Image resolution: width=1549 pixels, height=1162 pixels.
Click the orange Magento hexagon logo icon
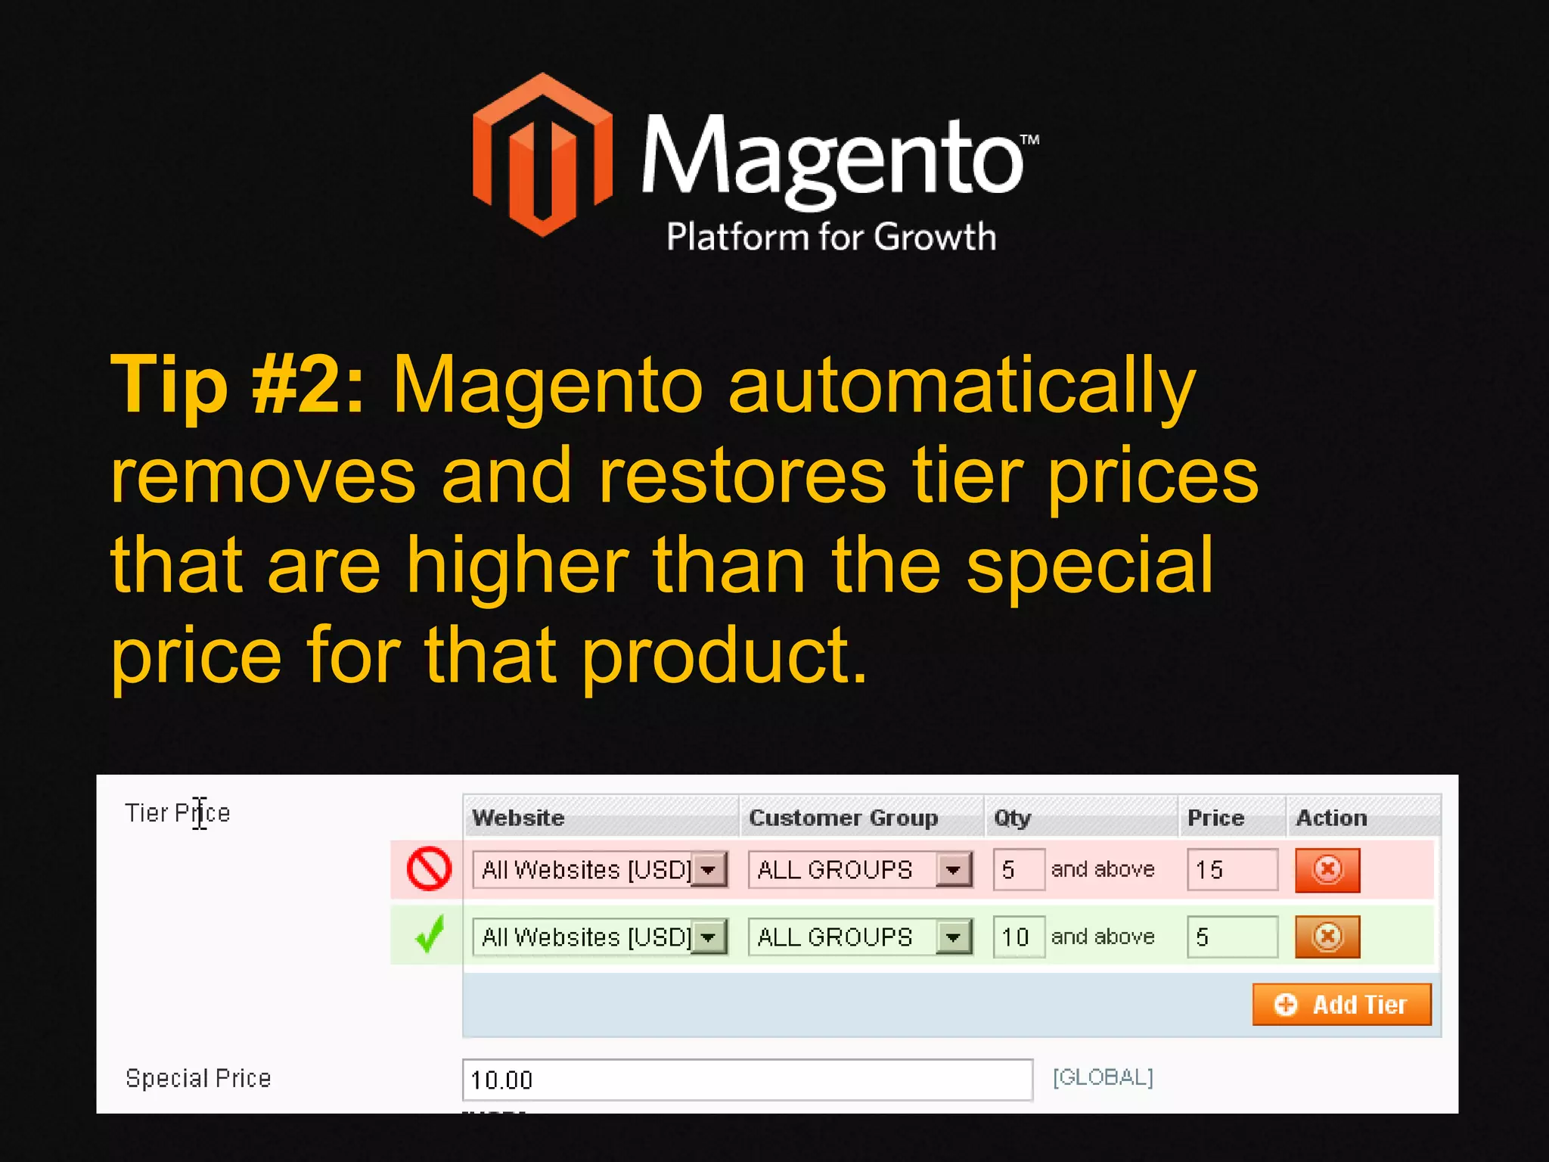coord(542,155)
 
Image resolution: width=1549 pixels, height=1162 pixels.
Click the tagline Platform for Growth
coord(830,237)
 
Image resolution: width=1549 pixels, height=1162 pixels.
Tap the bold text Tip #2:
coord(237,386)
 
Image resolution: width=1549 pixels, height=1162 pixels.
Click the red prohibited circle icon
coord(429,868)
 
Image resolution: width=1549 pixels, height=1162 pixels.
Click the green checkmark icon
coord(430,935)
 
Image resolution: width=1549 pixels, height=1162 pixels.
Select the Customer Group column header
coord(843,818)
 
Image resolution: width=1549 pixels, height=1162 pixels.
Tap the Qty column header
coord(1012,818)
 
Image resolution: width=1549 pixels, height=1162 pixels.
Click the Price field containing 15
coord(1231,870)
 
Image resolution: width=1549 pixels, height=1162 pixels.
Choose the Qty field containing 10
coord(1018,937)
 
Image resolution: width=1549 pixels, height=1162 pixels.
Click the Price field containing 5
coord(1231,937)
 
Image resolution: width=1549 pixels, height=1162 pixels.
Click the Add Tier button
coord(1341,1005)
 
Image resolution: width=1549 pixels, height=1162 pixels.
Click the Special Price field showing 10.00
coord(747,1080)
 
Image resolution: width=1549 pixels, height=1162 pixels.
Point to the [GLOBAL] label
coord(1103,1077)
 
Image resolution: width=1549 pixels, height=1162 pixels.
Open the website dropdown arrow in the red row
coord(709,870)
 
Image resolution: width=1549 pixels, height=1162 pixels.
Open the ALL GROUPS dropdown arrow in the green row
coord(953,937)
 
